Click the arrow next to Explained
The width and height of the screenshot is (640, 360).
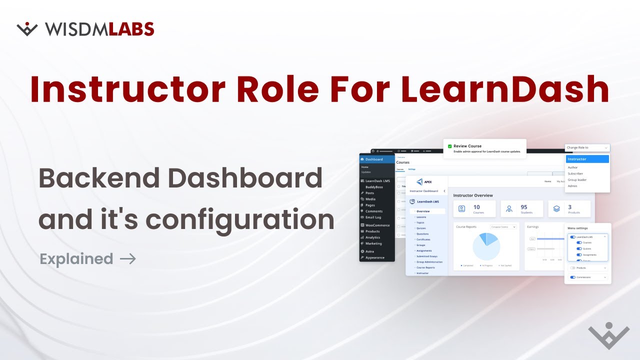click(x=128, y=259)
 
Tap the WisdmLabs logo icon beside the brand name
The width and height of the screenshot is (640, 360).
click(x=27, y=29)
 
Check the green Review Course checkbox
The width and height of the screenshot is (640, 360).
click(x=450, y=146)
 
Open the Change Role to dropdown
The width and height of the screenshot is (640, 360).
click(x=587, y=147)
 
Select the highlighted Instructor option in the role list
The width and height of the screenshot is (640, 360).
click(x=587, y=159)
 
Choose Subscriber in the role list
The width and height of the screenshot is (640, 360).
click(x=576, y=173)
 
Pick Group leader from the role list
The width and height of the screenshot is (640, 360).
click(x=577, y=179)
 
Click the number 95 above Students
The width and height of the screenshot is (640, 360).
click(x=524, y=207)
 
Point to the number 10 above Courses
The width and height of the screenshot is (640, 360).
click(x=476, y=207)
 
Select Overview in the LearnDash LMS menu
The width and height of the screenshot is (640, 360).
click(x=423, y=211)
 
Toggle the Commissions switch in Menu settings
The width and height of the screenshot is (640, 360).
click(x=573, y=277)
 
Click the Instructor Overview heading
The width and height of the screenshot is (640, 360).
click(x=472, y=195)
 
